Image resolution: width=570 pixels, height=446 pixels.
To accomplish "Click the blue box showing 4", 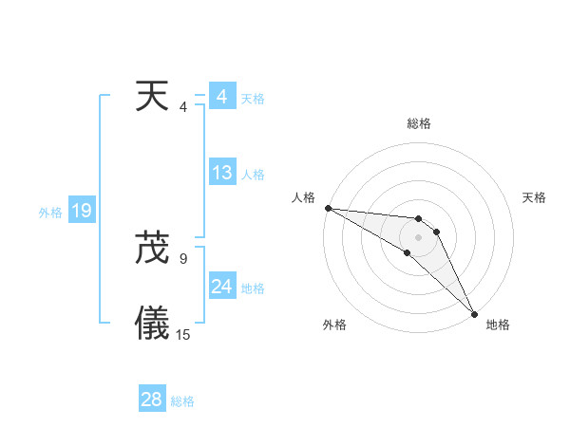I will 221,96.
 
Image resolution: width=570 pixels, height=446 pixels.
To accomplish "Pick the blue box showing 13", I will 222,173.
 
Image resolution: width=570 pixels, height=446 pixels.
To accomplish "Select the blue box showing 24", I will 222,287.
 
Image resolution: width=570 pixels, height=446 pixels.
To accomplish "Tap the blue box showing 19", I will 82,211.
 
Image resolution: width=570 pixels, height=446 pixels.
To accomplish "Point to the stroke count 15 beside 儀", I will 183,335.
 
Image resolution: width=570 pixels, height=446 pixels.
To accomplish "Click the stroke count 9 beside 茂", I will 182,258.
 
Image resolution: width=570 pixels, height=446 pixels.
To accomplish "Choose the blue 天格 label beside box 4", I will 253,99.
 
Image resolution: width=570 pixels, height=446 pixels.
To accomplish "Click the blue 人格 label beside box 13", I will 253,175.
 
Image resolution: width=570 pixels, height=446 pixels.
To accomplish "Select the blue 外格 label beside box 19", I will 50,214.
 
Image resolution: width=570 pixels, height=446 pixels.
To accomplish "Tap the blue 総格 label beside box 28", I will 182,401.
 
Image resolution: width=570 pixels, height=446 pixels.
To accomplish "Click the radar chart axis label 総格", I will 419,123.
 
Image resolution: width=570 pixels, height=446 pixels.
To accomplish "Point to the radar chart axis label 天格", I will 535,197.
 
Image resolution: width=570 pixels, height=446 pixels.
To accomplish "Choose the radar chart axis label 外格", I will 334,325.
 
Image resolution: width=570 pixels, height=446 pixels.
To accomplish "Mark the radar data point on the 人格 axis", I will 328,208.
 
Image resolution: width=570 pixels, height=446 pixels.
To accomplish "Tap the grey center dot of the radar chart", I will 419,236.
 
